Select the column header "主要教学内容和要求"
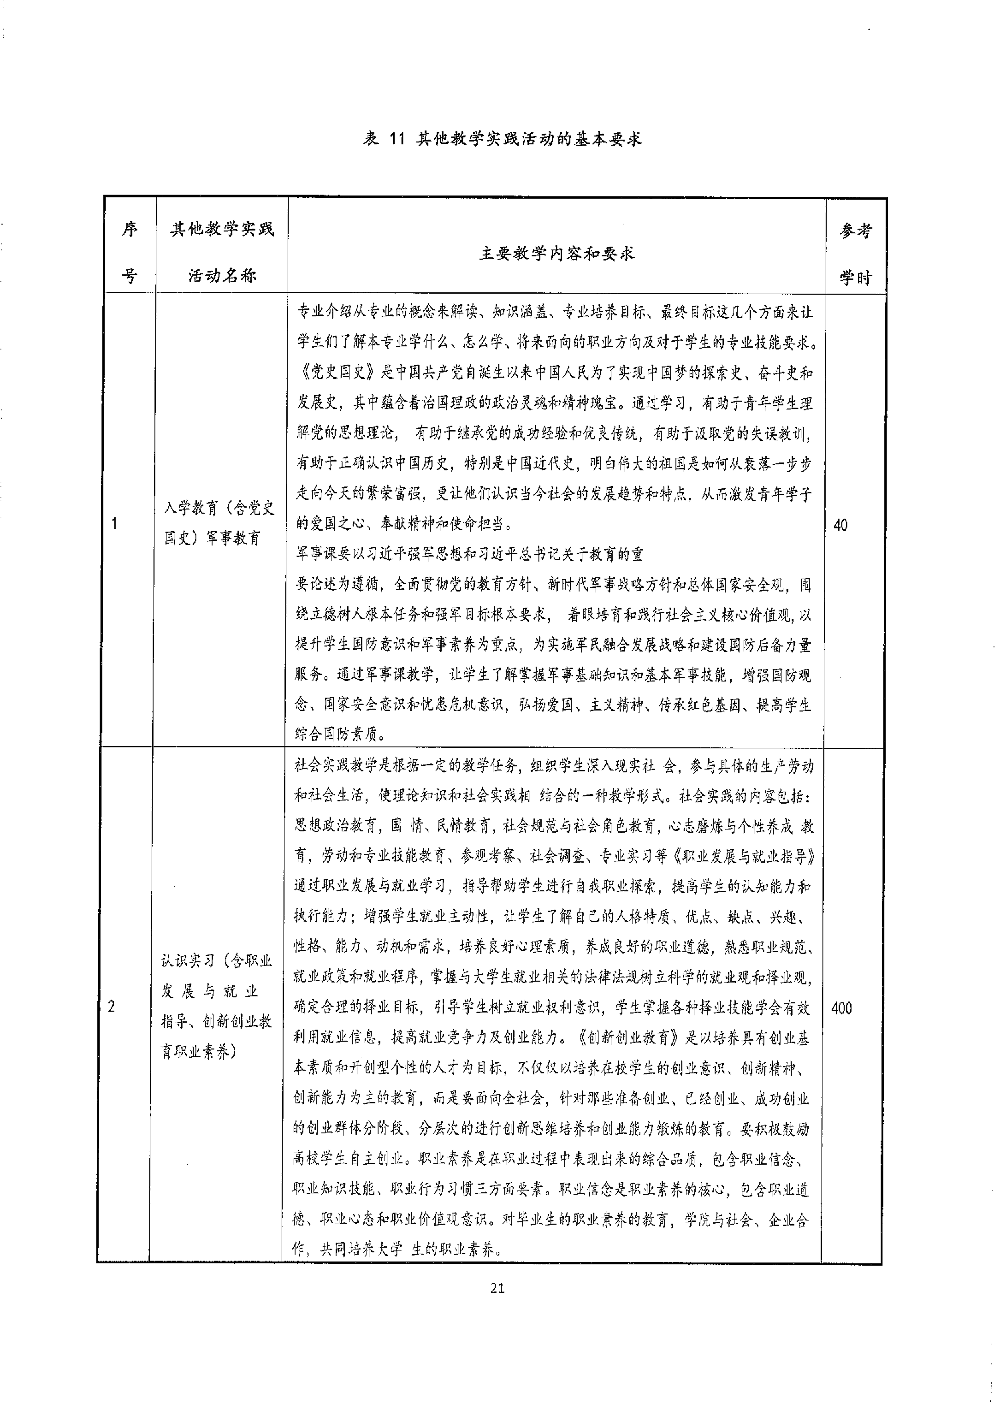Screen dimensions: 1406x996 pyautogui.click(x=556, y=253)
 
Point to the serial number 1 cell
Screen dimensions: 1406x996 pyautogui.click(x=114, y=523)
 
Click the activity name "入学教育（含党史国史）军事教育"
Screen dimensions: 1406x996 pyautogui.click(x=219, y=523)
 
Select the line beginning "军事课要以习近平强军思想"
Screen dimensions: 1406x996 pyautogui.click(x=469, y=554)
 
